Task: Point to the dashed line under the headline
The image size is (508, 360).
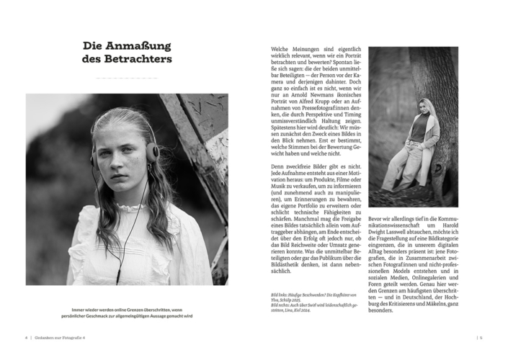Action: pyautogui.click(x=127, y=77)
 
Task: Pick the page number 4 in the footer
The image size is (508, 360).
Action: pyautogui.click(x=26, y=336)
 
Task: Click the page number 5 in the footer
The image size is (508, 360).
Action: pyautogui.click(x=481, y=336)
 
